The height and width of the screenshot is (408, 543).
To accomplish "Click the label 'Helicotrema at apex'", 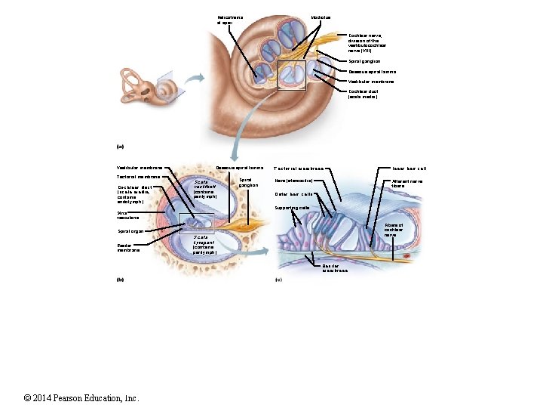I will click(x=228, y=20).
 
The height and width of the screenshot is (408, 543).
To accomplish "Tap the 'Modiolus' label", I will click(x=321, y=17).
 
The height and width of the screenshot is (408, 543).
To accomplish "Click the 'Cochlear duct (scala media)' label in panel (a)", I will click(x=363, y=94).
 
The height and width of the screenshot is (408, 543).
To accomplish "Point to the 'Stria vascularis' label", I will click(x=127, y=216).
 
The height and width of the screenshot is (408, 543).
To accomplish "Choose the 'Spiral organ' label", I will click(x=131, y=231).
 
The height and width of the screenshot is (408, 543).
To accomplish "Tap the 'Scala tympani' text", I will click(x=204, y=245).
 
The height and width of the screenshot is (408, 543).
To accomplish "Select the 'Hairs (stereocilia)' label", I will click(x=293, y=181).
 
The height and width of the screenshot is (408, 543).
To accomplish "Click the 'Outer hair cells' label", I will click(x=294, y=194).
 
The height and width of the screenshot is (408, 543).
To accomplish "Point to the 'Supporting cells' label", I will click(x=292, y=208).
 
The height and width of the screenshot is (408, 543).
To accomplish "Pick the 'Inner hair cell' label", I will click(x=410, y=168).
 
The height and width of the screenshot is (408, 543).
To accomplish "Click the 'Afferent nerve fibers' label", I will click(x=406, y=184).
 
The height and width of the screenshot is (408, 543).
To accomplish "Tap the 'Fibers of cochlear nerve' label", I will click(x=394, y=230).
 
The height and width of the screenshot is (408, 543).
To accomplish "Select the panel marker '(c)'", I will click(x=278, y=280).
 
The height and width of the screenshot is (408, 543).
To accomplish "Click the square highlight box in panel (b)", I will click(x=196, y=224).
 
